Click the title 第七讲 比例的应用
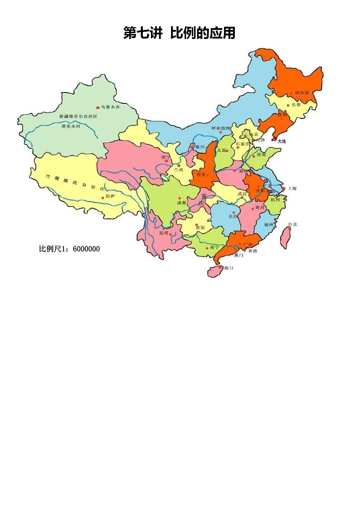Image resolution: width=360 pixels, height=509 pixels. (180, 33)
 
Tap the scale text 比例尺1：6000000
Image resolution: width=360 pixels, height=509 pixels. (69, 249)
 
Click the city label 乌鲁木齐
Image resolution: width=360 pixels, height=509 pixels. (111, 107)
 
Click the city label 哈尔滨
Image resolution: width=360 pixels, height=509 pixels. (302, 92)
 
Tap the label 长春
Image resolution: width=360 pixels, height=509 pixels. (296, 105)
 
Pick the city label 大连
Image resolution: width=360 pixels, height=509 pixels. (282, 141)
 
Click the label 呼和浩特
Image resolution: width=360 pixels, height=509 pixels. (221, 128)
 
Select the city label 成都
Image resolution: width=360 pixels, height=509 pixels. (181, 203)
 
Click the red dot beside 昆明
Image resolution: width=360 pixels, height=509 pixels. (170, 235)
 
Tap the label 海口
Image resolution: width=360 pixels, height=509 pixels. (229, 268)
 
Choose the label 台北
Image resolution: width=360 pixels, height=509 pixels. (292, 224)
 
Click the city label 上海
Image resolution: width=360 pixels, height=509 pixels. (292, 188)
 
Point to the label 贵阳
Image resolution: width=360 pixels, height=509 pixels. (200, 227)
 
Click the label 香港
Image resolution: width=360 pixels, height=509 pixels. (252, 251)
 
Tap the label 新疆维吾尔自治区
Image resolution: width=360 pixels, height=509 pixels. (78, 116)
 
